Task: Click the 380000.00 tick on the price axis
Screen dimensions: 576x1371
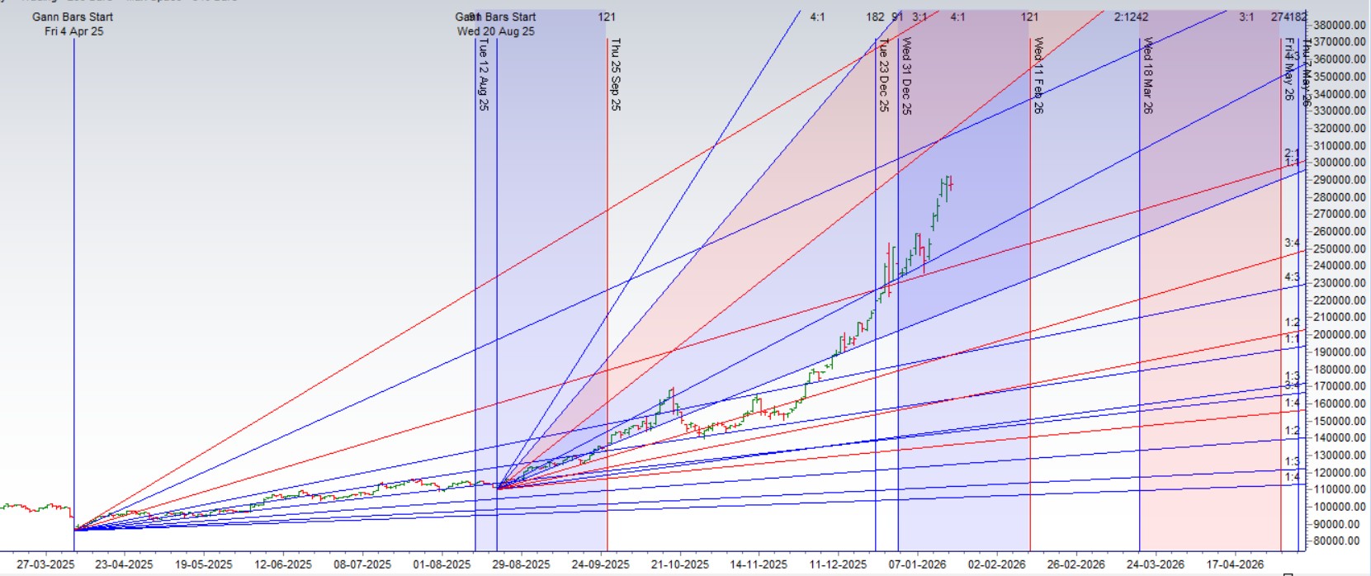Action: tap(1339, 25)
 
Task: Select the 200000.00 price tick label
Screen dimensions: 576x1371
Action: tap(1339, 334)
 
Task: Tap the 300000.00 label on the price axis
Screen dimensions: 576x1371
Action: tap(1339, 163)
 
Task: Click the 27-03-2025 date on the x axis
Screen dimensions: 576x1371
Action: tap(45, 564)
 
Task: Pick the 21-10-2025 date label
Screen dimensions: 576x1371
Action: tap(679, 564)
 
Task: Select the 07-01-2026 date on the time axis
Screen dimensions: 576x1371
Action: tap(917, 564)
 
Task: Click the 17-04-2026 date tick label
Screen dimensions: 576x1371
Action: tap(1235, 564)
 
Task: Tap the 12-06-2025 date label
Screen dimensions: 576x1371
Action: tap(283, 564)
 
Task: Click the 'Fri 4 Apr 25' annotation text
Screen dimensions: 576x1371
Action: tap(73, 31)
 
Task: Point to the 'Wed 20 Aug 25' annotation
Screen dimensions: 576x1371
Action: tap(495, 31)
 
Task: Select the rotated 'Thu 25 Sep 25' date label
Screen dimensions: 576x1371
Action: tap(615, 74)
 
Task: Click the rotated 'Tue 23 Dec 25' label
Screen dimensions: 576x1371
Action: tap(883, 75)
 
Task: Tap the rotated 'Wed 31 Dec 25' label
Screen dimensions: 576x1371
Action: tap(906, 75)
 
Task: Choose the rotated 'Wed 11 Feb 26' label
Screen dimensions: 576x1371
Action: tap(1038, 75)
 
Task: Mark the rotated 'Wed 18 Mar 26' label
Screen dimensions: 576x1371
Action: tap(1147, 75)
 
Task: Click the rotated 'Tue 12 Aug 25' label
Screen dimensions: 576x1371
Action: tap(483, 75)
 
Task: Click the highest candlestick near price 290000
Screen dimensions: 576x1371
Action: tap(946, 183)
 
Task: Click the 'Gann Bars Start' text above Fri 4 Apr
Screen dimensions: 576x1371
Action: tap(73, 17)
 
